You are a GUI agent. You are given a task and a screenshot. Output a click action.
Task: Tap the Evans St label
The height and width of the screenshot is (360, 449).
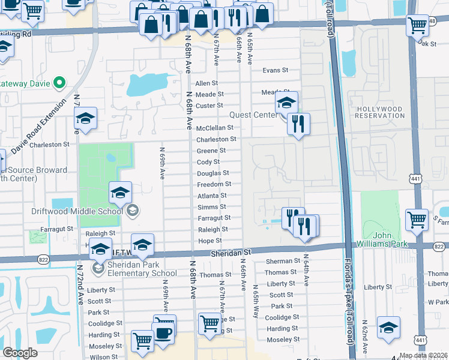(x=276, y=71)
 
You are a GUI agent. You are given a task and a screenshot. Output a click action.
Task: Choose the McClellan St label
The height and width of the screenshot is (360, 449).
(x=214, y=128)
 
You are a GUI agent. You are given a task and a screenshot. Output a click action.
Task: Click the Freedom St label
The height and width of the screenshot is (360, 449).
(x=214, y=184)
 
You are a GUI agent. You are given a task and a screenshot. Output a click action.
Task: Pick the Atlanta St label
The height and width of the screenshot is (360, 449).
(x=212, y=196)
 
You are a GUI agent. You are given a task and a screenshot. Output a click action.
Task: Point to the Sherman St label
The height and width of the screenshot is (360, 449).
(x=282, y=261)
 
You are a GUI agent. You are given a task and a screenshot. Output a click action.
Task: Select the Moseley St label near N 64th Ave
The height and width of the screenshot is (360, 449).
(x=279, y=340)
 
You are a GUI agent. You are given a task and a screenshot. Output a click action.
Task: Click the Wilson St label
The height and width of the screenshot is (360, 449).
(x=103, y=357)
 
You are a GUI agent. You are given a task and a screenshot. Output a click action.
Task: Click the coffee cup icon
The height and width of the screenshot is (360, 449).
(x=164, y=331)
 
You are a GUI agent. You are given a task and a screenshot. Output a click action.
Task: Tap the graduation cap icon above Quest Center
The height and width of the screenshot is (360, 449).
(x=287, y=103)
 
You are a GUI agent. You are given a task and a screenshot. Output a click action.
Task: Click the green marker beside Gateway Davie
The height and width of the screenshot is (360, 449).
(x=59, y=82)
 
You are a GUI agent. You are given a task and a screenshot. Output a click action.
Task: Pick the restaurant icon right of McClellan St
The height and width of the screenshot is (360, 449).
(x=298, y=124)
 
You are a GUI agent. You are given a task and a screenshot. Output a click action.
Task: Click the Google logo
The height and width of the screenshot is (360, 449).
(x=20, y=353)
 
